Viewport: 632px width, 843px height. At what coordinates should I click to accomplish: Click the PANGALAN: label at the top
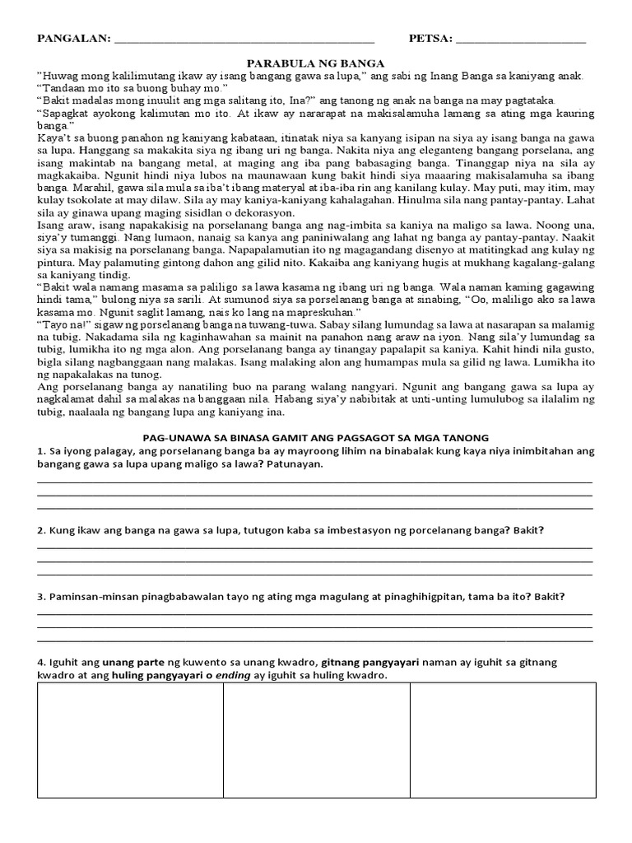coord(72,39)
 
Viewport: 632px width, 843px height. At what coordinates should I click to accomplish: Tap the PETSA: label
coord(430,39)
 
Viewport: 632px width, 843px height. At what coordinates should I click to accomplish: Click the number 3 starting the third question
coord(39,597)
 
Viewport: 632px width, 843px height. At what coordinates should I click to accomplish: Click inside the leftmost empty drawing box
coord(130,741)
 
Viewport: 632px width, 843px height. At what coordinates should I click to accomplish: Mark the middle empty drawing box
coord(317,741)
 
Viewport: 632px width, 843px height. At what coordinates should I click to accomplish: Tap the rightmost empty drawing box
coord(503,741)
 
